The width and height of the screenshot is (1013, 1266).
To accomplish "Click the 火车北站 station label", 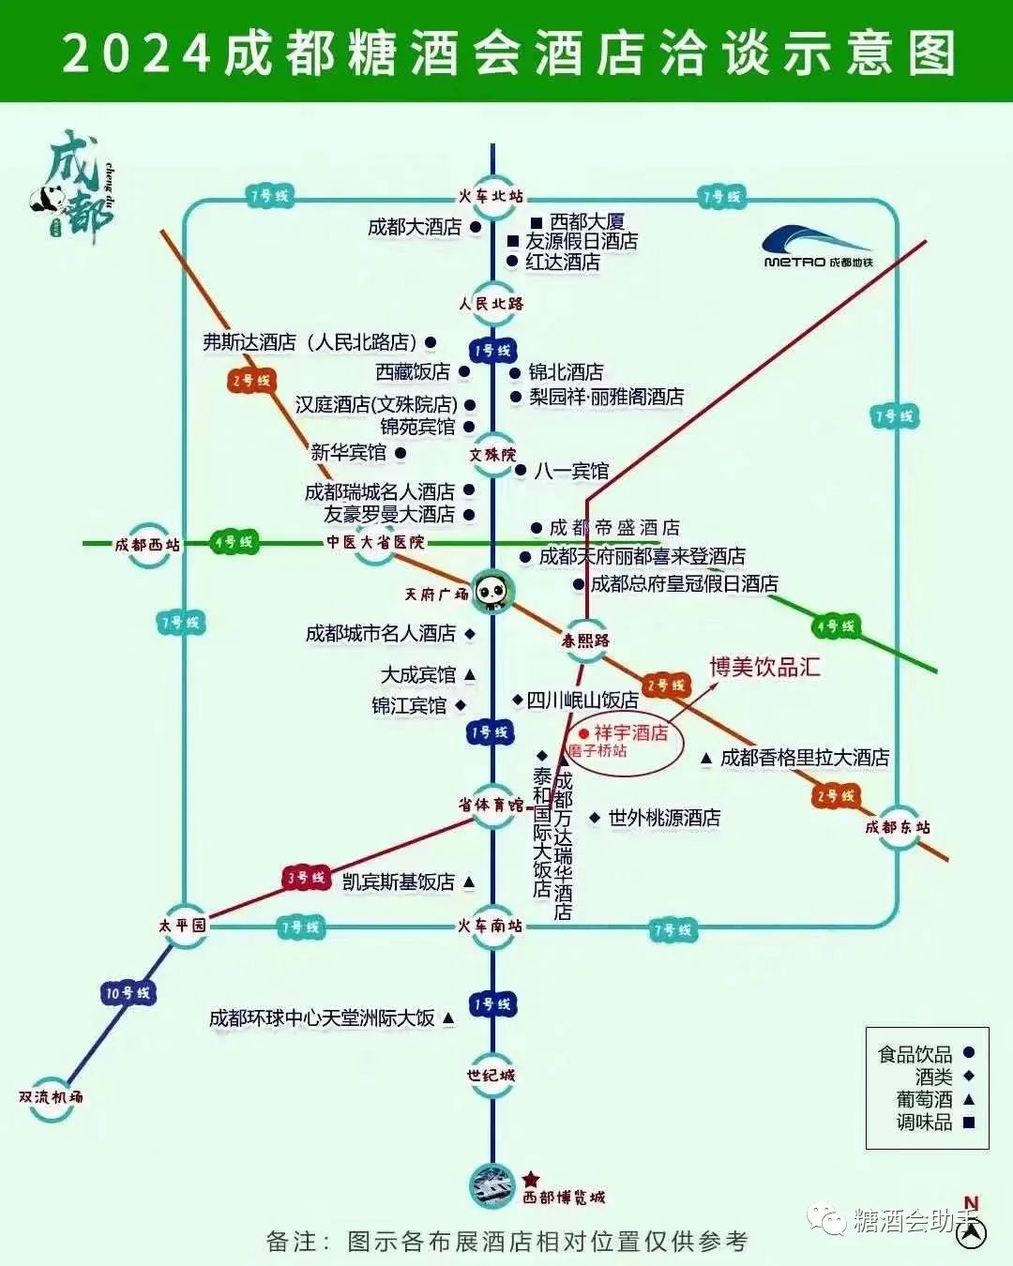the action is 491,197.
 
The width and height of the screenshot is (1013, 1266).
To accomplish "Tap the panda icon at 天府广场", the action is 492,591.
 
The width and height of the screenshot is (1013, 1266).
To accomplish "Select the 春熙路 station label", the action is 586,641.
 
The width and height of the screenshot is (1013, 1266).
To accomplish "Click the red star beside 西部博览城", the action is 531,1179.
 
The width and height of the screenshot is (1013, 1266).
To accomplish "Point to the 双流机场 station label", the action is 51,1096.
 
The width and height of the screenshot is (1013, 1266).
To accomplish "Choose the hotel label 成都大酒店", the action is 415,227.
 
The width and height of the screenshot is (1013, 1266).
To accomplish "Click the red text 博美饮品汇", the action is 764,667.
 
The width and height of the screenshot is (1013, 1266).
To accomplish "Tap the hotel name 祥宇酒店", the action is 631,732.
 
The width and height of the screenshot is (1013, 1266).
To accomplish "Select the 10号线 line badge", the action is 128,992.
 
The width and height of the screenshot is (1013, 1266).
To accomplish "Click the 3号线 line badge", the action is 306,879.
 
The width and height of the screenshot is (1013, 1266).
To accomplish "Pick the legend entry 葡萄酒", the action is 924,1099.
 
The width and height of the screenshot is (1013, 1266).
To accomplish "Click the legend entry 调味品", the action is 924,1122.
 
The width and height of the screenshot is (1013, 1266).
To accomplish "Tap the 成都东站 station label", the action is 898,827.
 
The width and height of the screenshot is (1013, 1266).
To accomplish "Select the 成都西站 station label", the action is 147,545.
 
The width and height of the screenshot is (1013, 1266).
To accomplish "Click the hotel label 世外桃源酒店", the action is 664,818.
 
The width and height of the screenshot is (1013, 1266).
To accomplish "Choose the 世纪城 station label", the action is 491,1075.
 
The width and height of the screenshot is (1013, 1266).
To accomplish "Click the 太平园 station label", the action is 183,925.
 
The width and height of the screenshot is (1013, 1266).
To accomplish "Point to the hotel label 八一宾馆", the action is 571,471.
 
